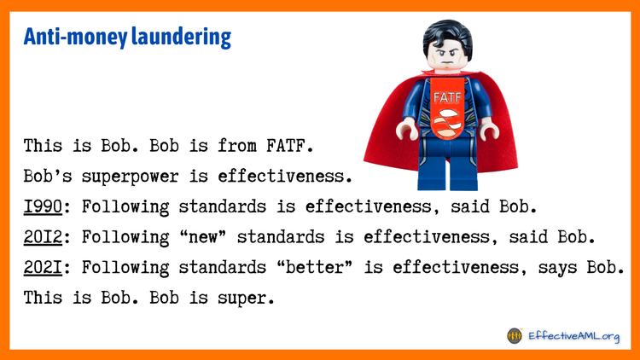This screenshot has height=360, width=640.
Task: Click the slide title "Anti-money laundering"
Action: tap(127, 38)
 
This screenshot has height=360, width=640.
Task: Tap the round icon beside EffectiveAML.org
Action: tap(514, 335)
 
